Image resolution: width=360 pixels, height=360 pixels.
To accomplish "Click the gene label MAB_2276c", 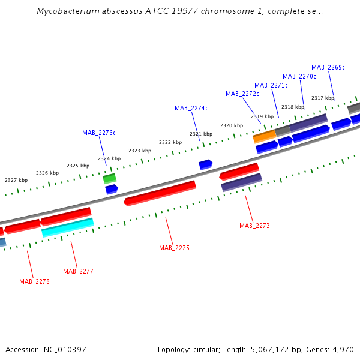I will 99,133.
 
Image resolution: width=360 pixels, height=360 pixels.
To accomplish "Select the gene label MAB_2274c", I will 191,108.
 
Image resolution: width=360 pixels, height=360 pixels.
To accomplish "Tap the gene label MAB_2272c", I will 242,94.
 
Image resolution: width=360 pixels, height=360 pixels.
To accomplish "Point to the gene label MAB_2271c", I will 271,85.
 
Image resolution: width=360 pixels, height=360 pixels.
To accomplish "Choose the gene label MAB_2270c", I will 299,76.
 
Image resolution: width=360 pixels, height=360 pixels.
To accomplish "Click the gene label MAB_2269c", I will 328,67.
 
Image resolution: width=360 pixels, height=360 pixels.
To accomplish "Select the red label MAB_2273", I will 254,226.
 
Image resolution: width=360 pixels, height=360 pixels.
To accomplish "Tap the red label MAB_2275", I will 174,248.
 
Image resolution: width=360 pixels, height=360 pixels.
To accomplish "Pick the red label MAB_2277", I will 78,271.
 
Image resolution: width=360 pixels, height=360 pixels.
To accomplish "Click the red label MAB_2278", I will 34,281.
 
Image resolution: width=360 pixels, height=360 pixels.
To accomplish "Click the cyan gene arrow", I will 68,227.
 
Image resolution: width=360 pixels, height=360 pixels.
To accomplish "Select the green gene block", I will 109,178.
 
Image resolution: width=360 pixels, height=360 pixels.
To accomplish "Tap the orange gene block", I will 264,136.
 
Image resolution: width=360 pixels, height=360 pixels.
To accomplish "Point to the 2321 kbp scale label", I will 201,134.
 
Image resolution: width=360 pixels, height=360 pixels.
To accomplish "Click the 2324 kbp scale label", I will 109,158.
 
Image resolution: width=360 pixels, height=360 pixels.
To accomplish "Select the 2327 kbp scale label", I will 16,180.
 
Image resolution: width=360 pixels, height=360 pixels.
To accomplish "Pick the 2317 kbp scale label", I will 323,98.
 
